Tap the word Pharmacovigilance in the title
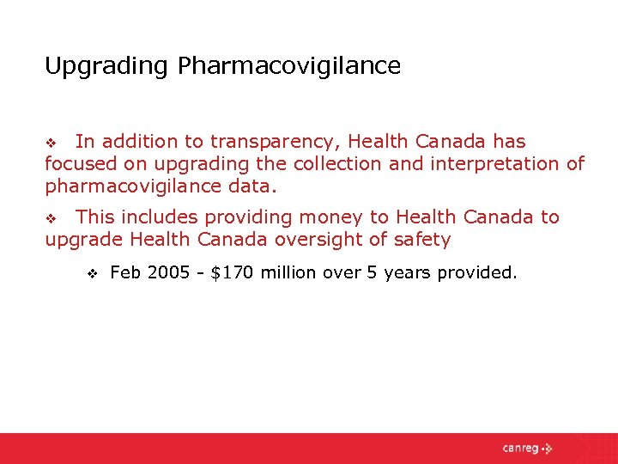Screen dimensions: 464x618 tap(289, 66)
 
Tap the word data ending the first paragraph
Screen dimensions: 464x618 tap(254, 186)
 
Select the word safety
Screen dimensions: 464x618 tap(421, 240)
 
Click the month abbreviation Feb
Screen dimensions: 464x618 tap(126, 273)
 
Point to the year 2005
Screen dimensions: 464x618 tap(169, 273)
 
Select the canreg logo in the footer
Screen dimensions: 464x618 tap(528, 449)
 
